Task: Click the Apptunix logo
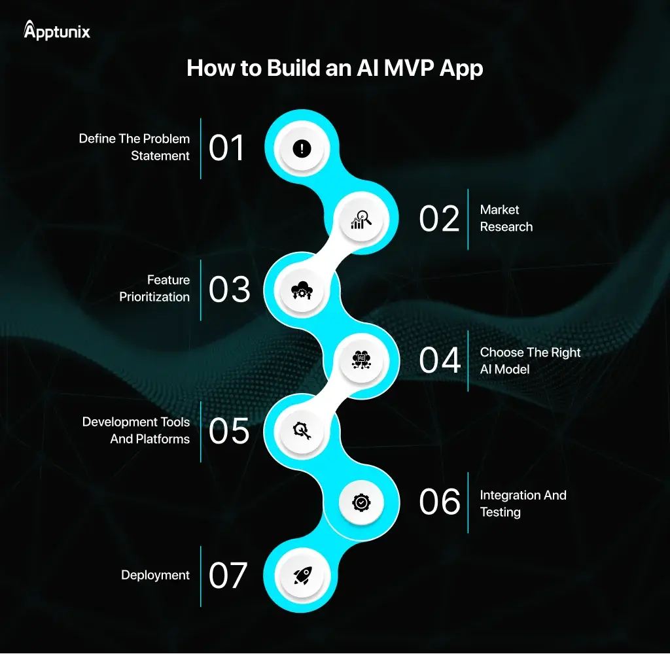57,31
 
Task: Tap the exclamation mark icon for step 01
301,148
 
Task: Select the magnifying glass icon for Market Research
361,220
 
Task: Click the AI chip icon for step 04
361,360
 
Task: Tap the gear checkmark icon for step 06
361,502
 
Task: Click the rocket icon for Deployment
301,576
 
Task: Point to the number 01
226,148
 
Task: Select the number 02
440,219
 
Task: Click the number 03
229,290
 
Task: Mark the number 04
440,360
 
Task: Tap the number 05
229,431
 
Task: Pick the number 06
440,502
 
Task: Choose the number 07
228,576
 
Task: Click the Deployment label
155,576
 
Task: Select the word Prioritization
154,297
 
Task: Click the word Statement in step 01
160,156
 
